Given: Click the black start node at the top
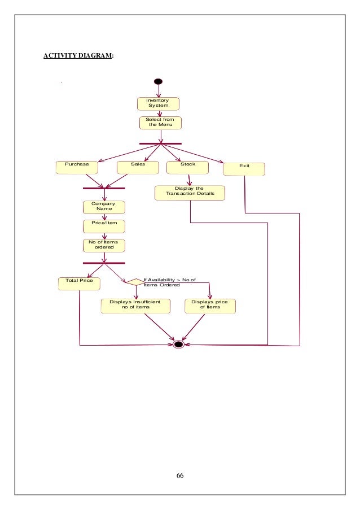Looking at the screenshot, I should pyautogui.click(x=159, y=81).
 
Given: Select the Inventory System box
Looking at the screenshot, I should pyautogui.click(x=159, y=103).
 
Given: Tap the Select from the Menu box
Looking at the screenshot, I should pyautogui.click(x=160, y=123).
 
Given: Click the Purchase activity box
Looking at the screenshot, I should pyautogui.click(x=77, y=167).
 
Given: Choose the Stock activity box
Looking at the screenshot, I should pyautogui.click(x=188, y=167).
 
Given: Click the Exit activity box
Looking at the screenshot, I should pyautogui.click(x=244, y=169).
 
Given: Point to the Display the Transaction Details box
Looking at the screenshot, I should pyautogui.click(x=190, y=192).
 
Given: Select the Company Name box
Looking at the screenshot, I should pyautogui.click(x=104, y=207).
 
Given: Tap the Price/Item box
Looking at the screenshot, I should pyautogui.click(x=104, y=226).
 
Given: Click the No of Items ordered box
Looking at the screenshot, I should pyautogui.click(x=104, y=245).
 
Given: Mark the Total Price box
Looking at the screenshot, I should pyautogui.click(x=79, y=282).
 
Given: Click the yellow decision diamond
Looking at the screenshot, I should pyautogui.click(x=135, y=281).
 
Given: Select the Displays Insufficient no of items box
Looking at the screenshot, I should pyautogui.click(x=135, y=306).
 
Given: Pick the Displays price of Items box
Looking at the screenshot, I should pyautogui.click(x=210, y=306).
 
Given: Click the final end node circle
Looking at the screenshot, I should pyautogui.click(x=179, y=343).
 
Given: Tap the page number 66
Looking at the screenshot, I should pyautogui.click(x=180, y=476).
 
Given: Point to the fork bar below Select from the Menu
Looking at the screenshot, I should pyautogui.click(x=160, y=143).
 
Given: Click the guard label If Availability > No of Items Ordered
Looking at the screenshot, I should pyautogui.click(x=169, y=282).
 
